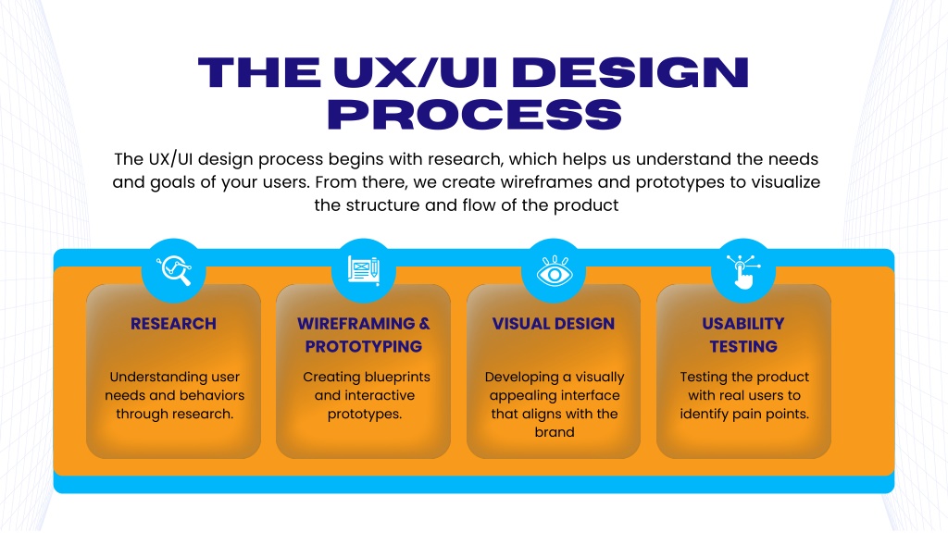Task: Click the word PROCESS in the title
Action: coord(475,114)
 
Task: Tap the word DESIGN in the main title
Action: coord(634,72)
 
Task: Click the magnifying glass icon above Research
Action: coord(174,270)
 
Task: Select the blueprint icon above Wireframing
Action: coord(364,270)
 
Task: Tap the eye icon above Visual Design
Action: coord(555,271)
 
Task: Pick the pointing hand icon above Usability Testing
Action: coord(743,271)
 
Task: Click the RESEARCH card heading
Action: coord(173,324)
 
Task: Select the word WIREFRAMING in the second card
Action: coord(356,324)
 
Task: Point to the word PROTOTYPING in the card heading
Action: coord(363,347)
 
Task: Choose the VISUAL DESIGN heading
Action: coord(554,324)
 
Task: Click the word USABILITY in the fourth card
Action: coord(743,324)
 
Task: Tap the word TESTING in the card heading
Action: coord(743,347)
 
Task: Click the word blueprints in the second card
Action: coord(393,378)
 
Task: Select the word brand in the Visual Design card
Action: coord(555,432)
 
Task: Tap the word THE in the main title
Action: coord(259,72)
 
